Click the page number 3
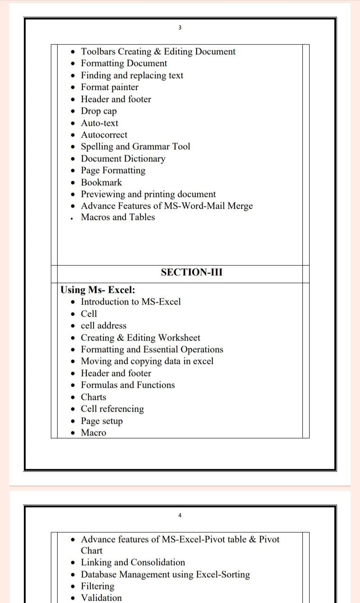[x=180, y=27]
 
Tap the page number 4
[x=180, y=515]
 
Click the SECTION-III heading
[x=192, y=272]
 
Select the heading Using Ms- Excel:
[x=98, y=290]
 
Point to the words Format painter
[x=109, y=87]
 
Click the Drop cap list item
[x=99, y=111]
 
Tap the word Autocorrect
[x=104, y=135]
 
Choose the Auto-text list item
[x=99, y=123]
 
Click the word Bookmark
[x=101, y=182]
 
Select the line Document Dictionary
[x=123, y=159]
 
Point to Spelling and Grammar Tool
[x=135, y=147]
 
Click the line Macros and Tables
[x=117, y=217]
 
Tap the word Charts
[x=94, y=397]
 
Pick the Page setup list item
[x=102, y=421]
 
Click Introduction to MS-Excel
[x=130, y=302]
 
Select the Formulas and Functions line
[x=128, y=385]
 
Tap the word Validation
[x=101, y=598]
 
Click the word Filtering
[x=98, y=586]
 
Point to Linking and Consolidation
[x=133, y=562]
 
